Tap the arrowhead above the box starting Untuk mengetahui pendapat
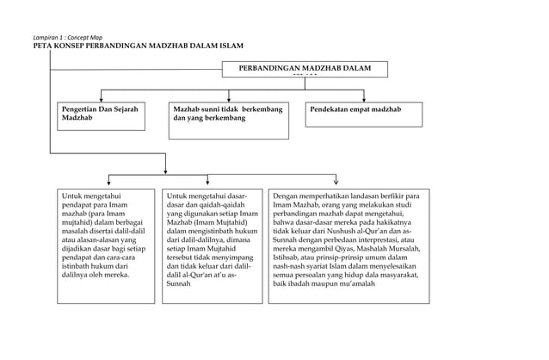pyautogui.click(x=108, y=182)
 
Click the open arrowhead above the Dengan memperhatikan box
pyautogui.click(x=336, y=181)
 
